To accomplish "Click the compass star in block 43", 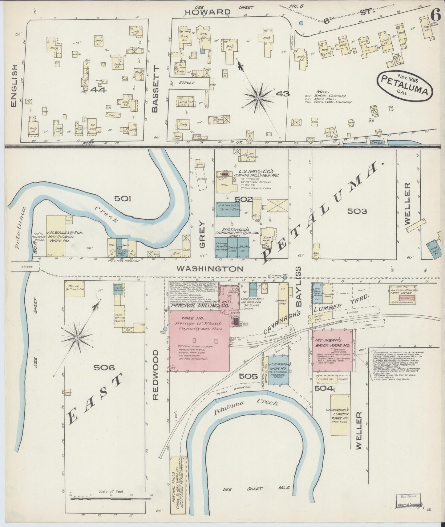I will pyautogui.click(x=258, y=98).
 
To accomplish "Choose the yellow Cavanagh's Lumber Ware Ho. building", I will pyautogui.click(x=340, y=415).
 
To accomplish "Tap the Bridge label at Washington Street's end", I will pyautogui.click(x=25, y=267).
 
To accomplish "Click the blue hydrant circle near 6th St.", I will pyautogui.click(x=301, y=23).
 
